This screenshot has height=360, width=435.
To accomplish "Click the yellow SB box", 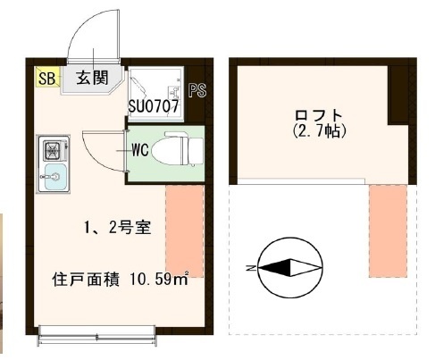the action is (47, 77).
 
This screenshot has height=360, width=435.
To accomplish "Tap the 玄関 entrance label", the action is (92, 78).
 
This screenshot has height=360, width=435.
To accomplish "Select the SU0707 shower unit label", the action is (154, 106).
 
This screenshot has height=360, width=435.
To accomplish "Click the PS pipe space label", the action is (197, 90).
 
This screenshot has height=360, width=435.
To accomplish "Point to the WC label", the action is (140, 150).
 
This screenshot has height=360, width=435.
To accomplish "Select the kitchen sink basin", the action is (55, 177).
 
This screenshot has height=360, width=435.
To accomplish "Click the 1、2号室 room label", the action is (118, 228).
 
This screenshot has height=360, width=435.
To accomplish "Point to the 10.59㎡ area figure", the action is (159, 279).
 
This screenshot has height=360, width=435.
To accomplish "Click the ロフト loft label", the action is (319, 115).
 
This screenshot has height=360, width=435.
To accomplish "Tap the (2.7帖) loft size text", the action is (319, 130).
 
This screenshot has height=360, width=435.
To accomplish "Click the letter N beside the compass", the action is (251, 267).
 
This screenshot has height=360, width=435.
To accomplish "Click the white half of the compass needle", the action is (304, 268).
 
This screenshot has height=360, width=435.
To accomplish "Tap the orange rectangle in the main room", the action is (185, 231).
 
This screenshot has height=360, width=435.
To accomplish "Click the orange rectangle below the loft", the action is (388, 231).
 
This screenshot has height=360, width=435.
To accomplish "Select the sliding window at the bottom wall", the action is (97, 336).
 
